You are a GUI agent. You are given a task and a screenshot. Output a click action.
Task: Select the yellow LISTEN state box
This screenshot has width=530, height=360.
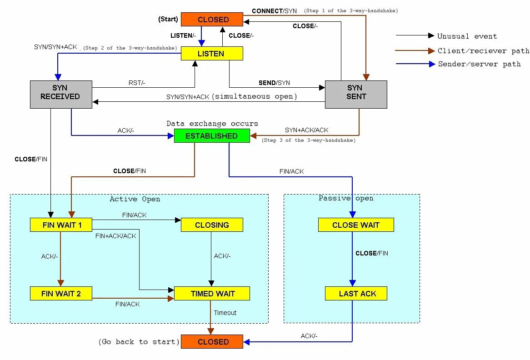click(x=212, y=54)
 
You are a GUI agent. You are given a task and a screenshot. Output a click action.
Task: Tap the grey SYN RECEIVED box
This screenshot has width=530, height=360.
click(x=61, y=94)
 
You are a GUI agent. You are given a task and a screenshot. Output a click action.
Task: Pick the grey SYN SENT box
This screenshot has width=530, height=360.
click(x=355, y=94)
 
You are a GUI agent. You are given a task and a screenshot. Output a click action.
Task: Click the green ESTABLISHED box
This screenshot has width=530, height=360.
click(x=212, y=136)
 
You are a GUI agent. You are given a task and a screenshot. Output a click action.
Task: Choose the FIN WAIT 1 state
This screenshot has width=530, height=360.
click(x=61, y=225)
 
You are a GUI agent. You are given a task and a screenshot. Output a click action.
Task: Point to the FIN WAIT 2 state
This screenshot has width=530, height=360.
click(x=61, y=294)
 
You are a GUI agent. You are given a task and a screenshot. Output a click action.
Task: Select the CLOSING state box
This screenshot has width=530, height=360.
click(x=212, y=225)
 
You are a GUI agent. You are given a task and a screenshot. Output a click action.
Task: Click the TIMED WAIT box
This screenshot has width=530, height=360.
click(x=212, y=294)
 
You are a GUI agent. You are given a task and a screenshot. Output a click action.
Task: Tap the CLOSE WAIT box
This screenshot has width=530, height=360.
click(x=355, y=225)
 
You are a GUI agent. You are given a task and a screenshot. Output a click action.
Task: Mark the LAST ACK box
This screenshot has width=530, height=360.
click(x=355, y=294)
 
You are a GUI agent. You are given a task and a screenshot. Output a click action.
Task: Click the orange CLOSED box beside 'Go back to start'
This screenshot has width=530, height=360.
click(x=212, y=342)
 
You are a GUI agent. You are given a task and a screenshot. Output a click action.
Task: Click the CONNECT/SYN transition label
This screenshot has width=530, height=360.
click(x=274, y=11)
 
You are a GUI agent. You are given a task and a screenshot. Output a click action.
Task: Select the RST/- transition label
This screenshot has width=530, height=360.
click(x=137, y=83)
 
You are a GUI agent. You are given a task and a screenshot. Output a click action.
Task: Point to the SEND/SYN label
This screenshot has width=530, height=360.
click(x=274, y=83)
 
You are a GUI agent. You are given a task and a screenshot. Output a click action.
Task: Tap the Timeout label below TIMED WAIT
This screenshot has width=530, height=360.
click(x=225, y=313)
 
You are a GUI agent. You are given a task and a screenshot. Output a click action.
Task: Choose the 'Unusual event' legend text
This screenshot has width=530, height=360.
click(x=467, y=36)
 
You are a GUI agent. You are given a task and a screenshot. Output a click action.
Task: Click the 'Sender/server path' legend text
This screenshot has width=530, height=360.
click(x=479, y=64)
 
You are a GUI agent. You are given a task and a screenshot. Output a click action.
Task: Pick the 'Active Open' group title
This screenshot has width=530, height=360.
click(x=135, y=199)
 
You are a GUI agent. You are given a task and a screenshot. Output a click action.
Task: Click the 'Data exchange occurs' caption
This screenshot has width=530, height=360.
click(x=212, y=124)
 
